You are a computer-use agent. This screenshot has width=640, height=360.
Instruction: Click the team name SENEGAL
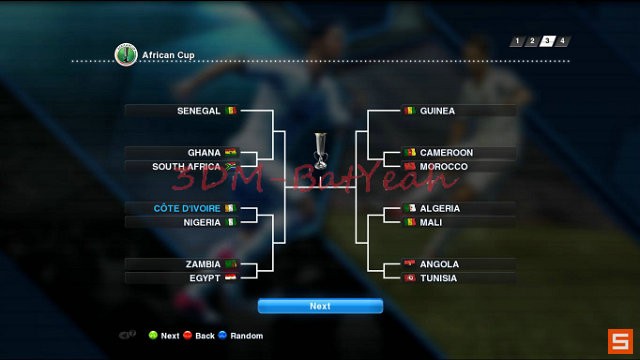pyautogui.click(x=198, y=110)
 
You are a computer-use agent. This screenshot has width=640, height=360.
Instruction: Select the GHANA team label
pyautogui.click(x=204, y=153)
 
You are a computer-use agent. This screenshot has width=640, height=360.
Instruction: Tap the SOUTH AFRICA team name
pyautogui.click(x=186, y=167)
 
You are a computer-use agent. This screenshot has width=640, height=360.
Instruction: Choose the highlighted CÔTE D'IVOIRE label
pyautogui.click(x=187, y=208)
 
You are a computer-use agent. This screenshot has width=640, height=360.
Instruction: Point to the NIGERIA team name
pyautogui.click(x=202, y=222)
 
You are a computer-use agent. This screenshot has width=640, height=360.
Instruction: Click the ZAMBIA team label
pyautogui.click(x=203, y=264)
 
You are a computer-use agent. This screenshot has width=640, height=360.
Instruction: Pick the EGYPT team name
pyautogui.click(x=204, y=278)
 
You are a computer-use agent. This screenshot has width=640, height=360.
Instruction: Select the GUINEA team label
pyautogui.click(x=437, y=111)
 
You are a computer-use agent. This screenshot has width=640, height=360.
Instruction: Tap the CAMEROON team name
pyautogui.click(x=446, y=153)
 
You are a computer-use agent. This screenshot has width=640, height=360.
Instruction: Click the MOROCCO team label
pyautogui.click(x=443, y=166)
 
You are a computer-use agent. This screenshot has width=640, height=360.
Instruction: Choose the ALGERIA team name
pyautogui.click(x=440, y=208)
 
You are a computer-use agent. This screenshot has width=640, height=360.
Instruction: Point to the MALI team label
pyautogui.click(x=431, y=222)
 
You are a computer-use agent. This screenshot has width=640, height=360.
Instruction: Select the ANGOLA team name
pyautogui.click(x=439, y=264)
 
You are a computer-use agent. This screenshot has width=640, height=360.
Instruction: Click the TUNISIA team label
pyautogui.click(x=438, y=278)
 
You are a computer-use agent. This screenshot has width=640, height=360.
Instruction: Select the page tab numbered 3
pyautogui.click(x=548, y=41)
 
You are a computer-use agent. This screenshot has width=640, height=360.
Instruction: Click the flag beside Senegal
pyautogui.click(x=231, y=110)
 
